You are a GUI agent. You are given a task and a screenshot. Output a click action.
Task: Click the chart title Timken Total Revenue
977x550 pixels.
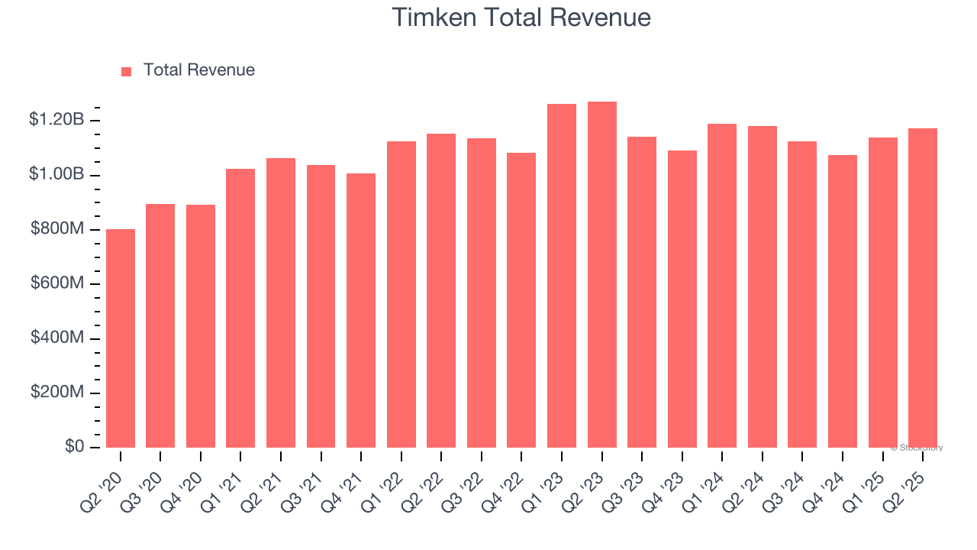[521, 18]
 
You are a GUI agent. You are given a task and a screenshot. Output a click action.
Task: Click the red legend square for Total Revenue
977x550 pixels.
[127, 71]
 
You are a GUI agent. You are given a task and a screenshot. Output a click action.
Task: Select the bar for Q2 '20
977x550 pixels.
[121, 338]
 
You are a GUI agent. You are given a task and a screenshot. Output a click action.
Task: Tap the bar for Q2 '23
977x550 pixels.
[602, 275]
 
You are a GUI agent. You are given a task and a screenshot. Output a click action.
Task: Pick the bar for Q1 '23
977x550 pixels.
[562, 276]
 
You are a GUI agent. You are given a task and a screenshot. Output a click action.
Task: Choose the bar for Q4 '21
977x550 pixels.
[361, 311]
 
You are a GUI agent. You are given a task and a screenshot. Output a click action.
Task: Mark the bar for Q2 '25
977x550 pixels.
[923, 288]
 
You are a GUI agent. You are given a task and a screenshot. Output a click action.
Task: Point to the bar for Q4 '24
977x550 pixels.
[843, 302]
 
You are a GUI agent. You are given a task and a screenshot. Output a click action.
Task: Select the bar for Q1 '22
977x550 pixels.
[401, 295]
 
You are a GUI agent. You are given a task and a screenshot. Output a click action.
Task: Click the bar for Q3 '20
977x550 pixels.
[160, 326]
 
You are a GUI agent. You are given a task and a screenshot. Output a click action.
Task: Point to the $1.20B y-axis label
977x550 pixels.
[56, 120]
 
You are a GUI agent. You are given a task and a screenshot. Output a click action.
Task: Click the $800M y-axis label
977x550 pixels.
[57, 229]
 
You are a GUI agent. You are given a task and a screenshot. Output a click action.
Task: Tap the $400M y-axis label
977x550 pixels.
[57, 338]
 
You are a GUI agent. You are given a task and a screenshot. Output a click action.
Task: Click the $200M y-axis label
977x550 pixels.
[57, 393]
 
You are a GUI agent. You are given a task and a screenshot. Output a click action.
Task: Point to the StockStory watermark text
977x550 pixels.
[917, 448]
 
